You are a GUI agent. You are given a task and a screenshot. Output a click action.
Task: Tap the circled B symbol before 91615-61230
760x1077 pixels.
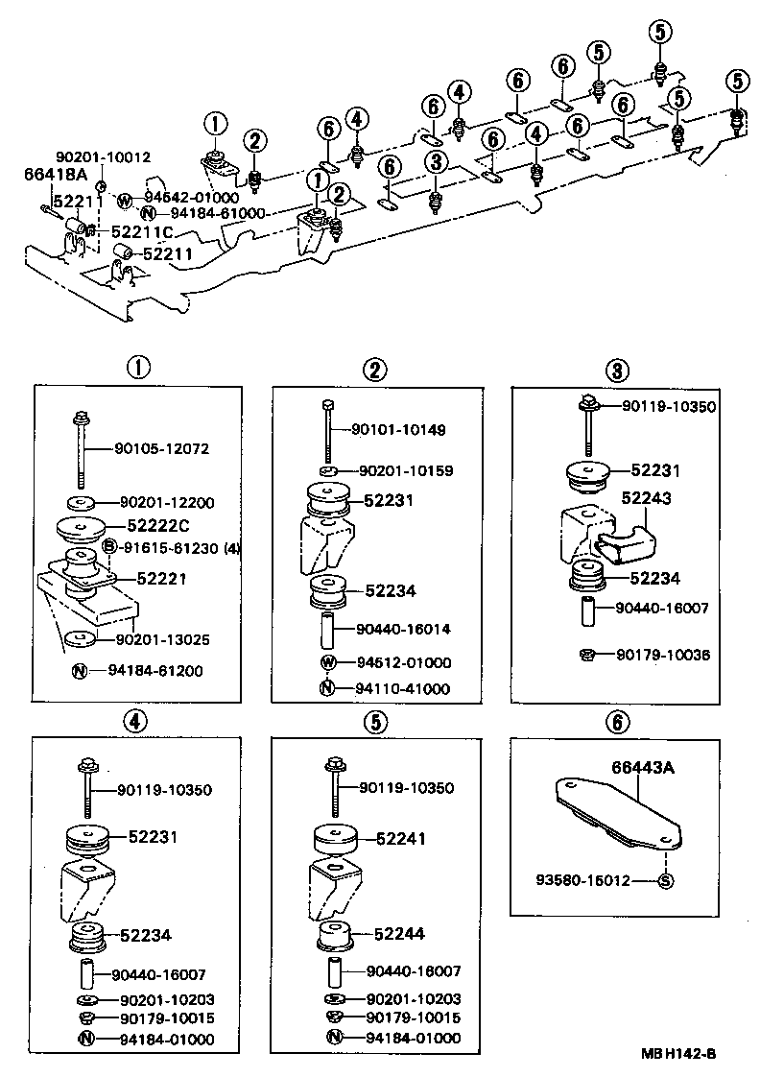(x=109, y=548)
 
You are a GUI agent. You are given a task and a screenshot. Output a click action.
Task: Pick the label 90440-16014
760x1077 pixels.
(x=403, y=629)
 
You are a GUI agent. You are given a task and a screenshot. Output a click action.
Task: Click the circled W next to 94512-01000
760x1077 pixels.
(x=327, y=662)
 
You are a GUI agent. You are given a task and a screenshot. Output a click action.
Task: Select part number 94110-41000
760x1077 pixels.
(x=403, y=688)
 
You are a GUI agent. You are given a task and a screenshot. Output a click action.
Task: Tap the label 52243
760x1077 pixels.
(x=647, y=498)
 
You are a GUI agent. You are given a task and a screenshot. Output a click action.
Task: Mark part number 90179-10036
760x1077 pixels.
(x=663, y=655)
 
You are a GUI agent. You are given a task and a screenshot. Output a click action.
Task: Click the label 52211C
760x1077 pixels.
(x=143, y=231)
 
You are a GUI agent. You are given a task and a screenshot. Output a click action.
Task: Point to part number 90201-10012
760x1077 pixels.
(x=103, y=156)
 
